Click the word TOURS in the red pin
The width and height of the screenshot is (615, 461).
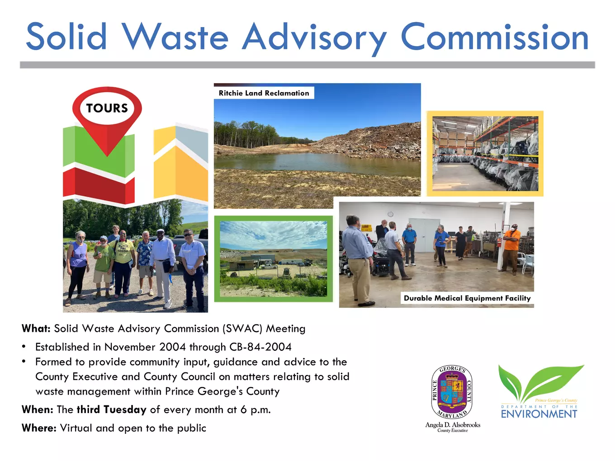(107, 108)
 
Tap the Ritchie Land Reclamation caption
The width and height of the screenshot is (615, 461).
(264, 93)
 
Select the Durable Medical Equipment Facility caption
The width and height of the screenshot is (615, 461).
(467, 298)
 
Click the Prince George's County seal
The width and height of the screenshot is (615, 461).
(452, 391)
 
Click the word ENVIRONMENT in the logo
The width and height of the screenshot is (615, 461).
(539, 414)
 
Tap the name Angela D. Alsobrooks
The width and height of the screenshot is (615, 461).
(453, 425)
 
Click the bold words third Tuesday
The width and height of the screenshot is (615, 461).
(112, 410)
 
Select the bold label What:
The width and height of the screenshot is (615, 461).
(36, 328)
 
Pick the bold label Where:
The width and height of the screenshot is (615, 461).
(39, 428)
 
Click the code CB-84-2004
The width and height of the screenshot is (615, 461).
(260, 347)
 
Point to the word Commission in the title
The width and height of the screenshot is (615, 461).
(495, 37)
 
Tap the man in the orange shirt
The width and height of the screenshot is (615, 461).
(510, 249)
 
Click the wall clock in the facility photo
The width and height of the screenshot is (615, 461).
(390, 214)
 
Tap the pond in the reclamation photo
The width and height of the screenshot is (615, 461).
(317, 163)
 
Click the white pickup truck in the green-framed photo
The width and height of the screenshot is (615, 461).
(269, 266)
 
